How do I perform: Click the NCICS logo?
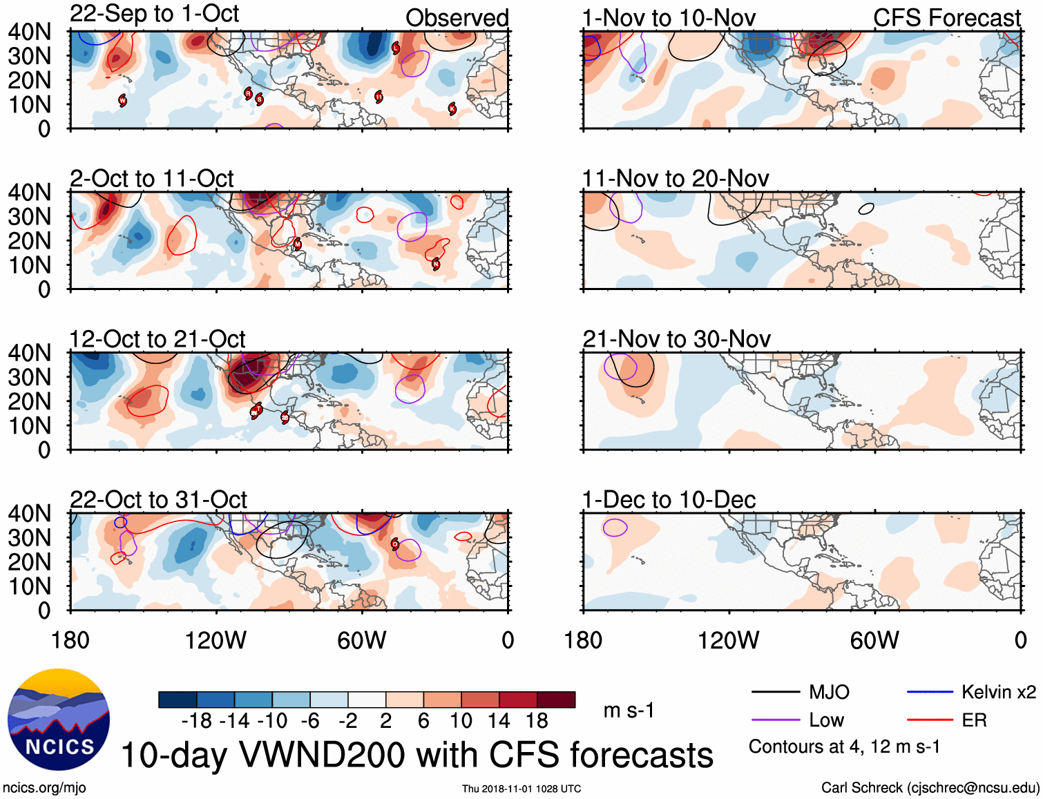click(x=59, y=719)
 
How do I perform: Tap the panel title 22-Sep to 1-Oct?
click(x=154, y=14)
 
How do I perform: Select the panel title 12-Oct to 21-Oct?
click(x=157, y=339)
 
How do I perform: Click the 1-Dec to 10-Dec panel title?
click(x=669, y=499)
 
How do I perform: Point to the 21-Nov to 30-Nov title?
click(x=676, y=339)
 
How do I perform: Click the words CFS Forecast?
click(x=946, y=18)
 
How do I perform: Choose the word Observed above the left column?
click(x=457, y=18)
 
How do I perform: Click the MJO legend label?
click(x=829, y=692)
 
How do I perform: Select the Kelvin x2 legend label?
click(x=998, y=692)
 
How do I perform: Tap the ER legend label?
click(x=974, y=720)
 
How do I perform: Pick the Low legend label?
click(x=826, y=720)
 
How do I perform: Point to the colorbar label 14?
click(x=499, y=721)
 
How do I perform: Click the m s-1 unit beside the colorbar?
click(x=629, y=710)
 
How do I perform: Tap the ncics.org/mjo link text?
click(x=44, y=788)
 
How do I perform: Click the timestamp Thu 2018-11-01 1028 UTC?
click(x=521, y=789)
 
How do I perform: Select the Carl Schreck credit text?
click(x=930, y=788)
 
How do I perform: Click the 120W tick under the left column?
click(x=216, y=640)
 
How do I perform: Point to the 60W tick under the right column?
click(x=874, y=640)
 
